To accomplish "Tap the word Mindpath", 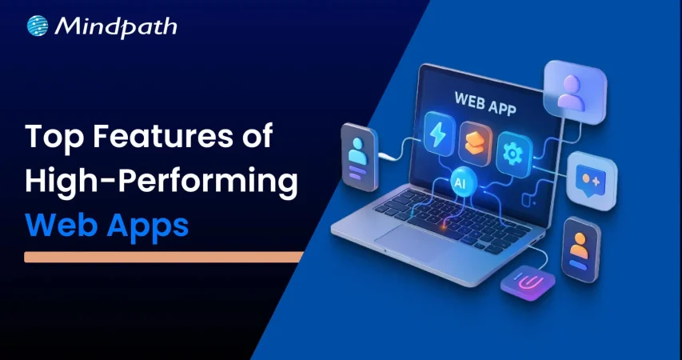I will (x=116, y=26).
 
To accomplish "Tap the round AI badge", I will (x=461, y=182).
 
